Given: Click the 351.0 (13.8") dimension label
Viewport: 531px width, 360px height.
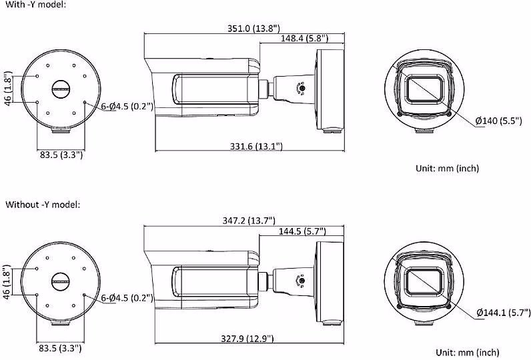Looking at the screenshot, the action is click(253, 28).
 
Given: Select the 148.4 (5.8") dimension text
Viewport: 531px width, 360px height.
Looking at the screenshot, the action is click(304, 38).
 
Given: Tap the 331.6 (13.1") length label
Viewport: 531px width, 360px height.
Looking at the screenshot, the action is click(256, 146).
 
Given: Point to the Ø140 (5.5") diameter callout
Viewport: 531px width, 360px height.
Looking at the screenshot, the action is click(498, 121).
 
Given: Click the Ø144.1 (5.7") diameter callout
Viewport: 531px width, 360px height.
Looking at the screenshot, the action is click(504, 312).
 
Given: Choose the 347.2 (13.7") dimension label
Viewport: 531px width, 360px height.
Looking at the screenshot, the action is click(249, 221).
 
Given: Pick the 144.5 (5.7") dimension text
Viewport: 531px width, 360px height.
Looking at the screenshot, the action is click(302, 231).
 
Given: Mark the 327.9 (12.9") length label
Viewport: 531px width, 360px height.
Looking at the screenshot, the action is click(247, 339).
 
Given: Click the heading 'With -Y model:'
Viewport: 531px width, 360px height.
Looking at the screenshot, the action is click(35, 5).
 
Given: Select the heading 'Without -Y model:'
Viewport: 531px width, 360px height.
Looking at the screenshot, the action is click(43, 205).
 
